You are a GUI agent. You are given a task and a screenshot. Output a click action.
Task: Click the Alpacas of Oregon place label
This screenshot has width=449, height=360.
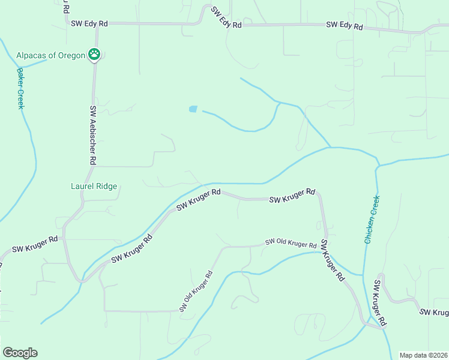52,55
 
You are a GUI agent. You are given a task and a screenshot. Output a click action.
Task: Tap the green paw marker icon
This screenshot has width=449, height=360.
94,55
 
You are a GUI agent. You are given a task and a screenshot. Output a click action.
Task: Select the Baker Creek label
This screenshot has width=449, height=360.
20,88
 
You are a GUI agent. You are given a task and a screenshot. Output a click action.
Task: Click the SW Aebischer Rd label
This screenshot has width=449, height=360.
93,136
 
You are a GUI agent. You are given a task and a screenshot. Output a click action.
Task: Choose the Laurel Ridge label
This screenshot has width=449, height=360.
94,186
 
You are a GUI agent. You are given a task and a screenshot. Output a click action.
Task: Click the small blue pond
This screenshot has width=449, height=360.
193,109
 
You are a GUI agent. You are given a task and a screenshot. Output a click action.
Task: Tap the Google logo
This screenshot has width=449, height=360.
20,353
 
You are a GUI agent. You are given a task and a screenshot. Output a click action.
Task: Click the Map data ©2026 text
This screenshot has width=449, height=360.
423,355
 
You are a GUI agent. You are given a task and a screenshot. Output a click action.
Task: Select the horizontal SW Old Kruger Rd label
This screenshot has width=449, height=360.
291,244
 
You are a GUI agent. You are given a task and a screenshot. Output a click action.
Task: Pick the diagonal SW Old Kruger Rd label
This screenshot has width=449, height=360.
196,292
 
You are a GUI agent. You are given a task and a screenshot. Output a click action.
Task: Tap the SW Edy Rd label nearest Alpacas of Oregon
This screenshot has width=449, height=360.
89,23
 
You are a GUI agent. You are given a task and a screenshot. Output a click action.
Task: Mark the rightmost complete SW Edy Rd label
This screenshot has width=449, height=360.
345,26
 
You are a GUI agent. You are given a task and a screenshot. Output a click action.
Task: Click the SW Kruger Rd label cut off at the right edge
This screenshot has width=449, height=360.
433,312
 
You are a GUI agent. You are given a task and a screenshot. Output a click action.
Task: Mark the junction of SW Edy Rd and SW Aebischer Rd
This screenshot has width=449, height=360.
96,24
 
